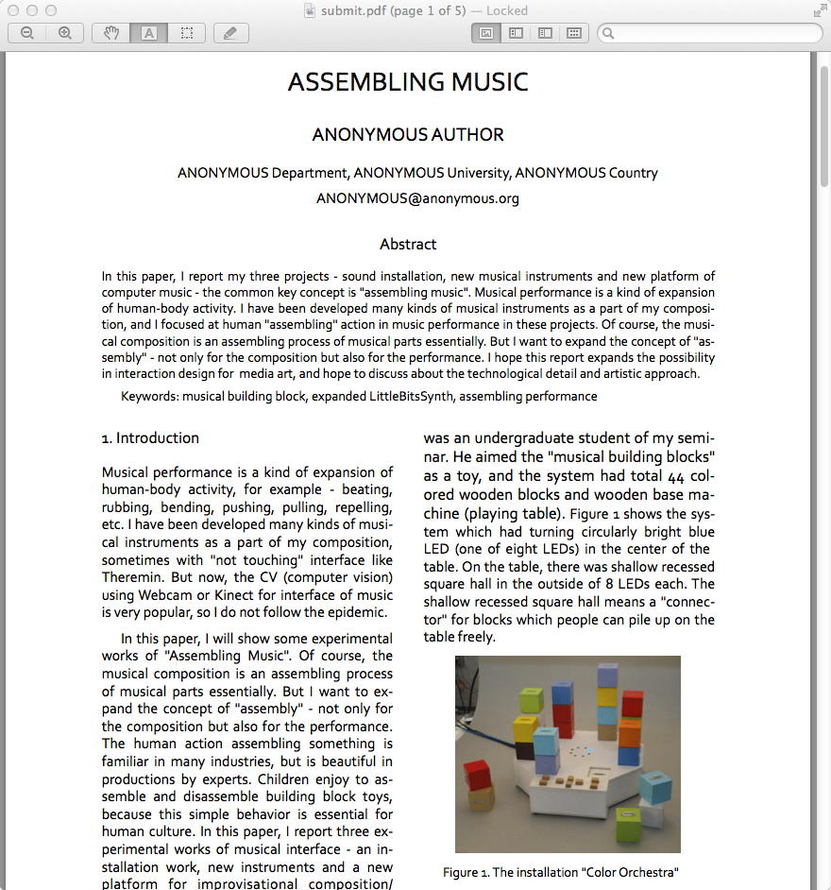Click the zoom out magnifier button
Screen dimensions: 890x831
coord(27,33)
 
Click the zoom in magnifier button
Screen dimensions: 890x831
coord(65,33)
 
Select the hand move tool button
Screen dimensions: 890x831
coord(111,33)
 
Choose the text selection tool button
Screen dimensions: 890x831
coord(149,33)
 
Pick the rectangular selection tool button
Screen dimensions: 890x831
coord(187,33)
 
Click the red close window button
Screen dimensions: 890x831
coord(13,10)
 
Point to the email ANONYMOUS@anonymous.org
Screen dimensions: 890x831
coord(417,198)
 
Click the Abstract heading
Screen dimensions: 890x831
coord(408,244)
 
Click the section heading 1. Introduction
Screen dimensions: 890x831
coord(150,437)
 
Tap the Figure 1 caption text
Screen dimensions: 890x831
coord(561,872)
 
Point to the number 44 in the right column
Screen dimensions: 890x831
coord(676,476)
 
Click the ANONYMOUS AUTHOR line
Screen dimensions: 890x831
coord(408,135)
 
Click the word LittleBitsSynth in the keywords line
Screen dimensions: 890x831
coord(412,396)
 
